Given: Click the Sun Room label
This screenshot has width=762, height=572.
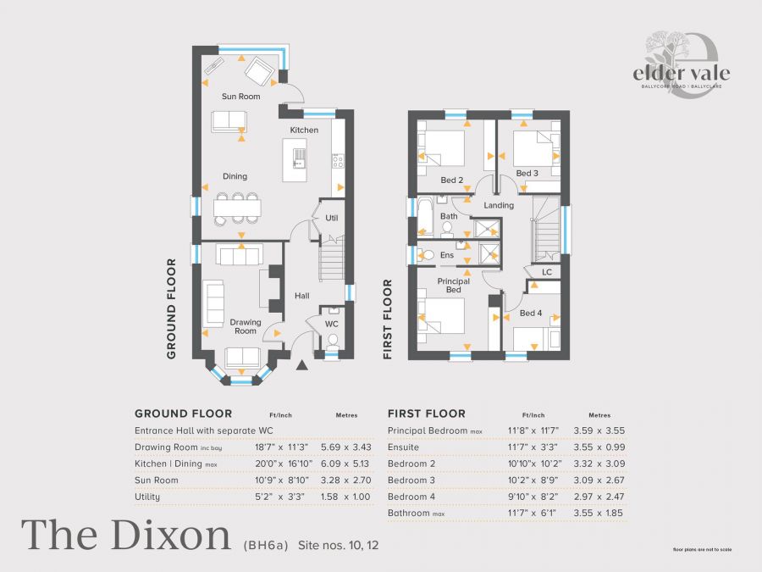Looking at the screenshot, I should click(240, 97).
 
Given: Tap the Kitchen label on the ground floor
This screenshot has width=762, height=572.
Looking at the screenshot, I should click(304, 130).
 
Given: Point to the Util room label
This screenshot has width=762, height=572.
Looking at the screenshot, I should click(332, 218).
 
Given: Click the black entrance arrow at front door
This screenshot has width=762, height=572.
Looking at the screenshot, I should click(302, 365).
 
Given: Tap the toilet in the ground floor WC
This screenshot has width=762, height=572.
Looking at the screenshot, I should click(332, 342).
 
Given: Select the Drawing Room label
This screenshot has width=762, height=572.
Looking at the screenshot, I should click(245, 326).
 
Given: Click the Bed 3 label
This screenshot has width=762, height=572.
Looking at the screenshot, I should click(527, 174).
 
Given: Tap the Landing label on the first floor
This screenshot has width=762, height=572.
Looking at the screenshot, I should click(499, 205).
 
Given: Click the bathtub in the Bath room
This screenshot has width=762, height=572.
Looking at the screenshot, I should click(424, 217).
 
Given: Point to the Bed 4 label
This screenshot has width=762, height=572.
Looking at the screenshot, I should click(530, 314).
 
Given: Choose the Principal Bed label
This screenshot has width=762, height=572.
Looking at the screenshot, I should click(453, 286).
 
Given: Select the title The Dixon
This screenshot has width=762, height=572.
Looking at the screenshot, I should click(126, 534).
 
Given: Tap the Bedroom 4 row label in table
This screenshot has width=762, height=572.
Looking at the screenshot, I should click(412, 497).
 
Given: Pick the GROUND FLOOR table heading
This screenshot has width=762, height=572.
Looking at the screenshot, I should click(183, 414).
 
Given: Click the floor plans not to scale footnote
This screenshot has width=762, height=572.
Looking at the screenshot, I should click(702, 549).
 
